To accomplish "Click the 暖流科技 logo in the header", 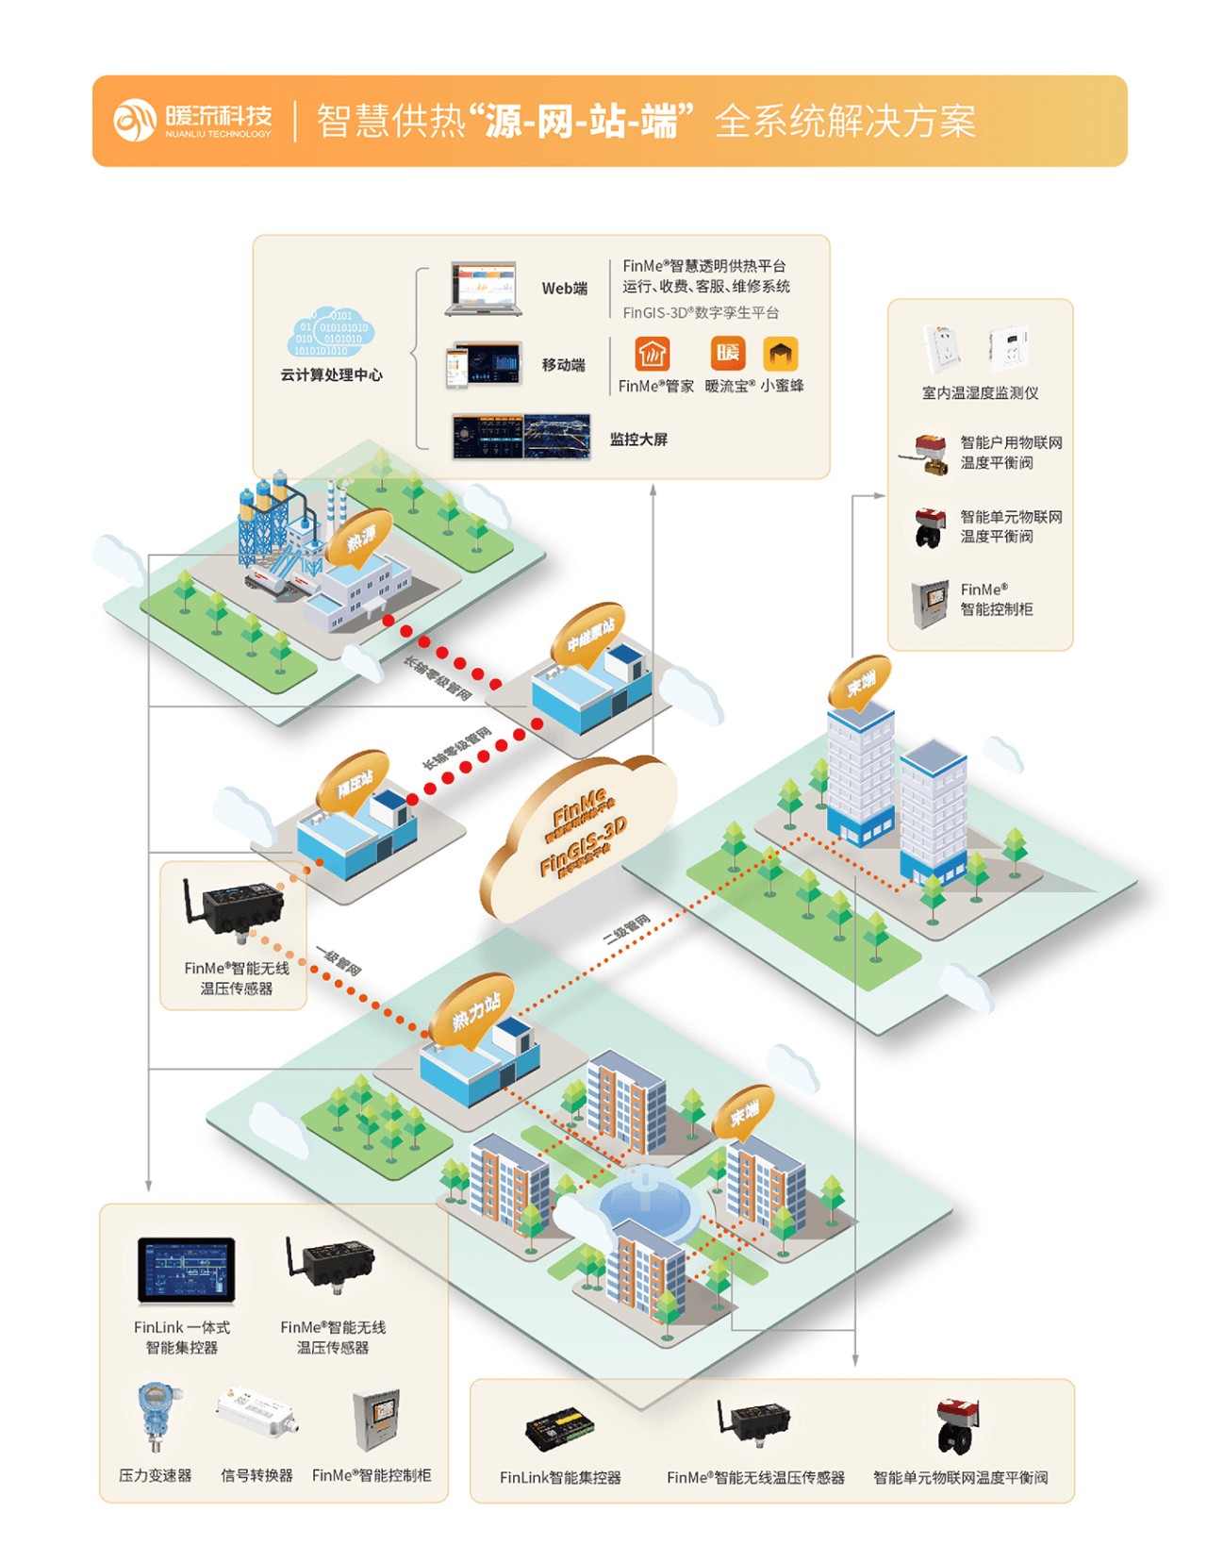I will pos(193,121).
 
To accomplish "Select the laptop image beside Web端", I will pos(484,289).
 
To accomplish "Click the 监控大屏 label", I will pos(638,440).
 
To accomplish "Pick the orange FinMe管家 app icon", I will pos(652,355).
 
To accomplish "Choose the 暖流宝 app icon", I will pos(727,354).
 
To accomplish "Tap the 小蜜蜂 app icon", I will pos(780,354).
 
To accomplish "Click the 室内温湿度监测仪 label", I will pos(980,393).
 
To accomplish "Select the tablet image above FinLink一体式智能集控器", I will pos(186,1270).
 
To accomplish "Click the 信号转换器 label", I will pos(256,1475).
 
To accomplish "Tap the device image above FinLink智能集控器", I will pos(560,1430).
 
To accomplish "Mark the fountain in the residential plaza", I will pos(644,1196).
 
